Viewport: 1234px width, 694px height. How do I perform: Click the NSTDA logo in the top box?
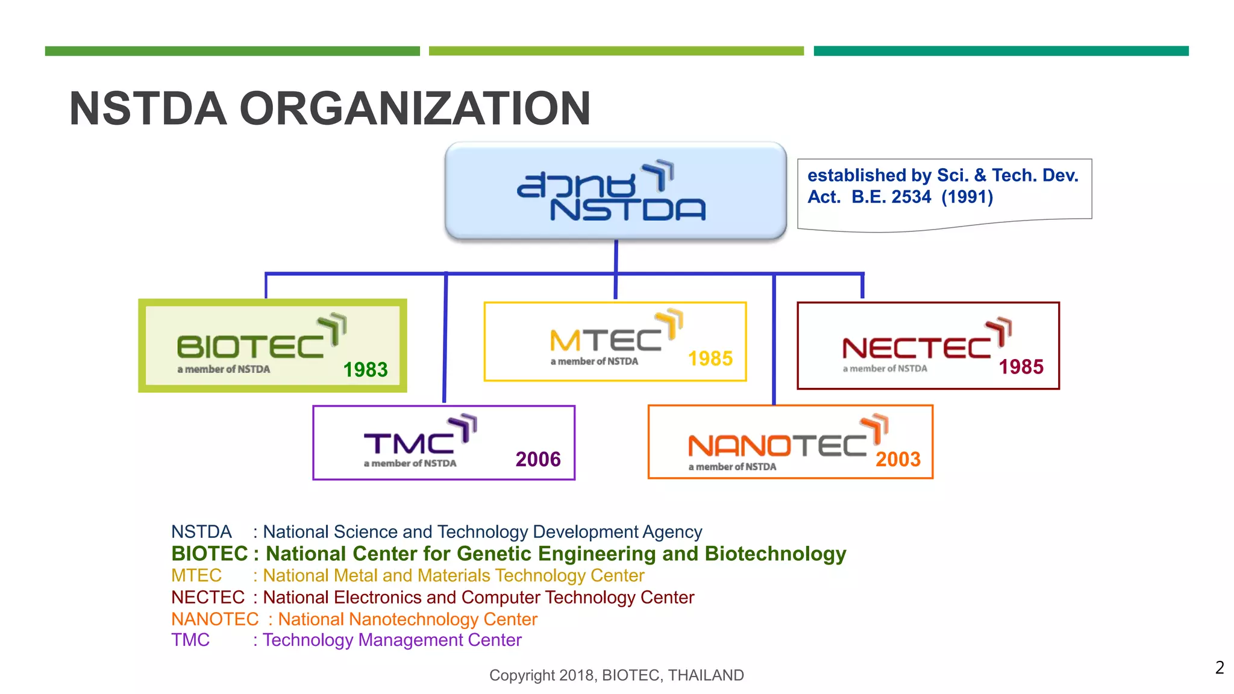click(612, 192)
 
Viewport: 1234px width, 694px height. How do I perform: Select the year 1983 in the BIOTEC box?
click(365, 369)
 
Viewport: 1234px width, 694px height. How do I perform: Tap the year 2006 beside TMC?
click(538, 460)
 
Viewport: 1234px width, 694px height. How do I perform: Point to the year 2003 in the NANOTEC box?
click(898, 460)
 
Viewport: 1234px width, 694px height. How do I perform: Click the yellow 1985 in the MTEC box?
click(710, 359)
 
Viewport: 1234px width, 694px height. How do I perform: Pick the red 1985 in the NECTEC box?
click(1021, 367)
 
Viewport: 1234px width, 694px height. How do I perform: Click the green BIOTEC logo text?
click(251, 346)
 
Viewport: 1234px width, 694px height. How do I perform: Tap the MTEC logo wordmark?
click(606, 341)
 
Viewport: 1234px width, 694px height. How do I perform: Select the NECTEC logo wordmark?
click(916, 348)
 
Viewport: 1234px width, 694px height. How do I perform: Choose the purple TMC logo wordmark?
click(409, 444)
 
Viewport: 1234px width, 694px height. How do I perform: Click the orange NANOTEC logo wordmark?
click(777, 446)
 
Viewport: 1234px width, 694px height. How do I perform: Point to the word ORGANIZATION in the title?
click(415, 109)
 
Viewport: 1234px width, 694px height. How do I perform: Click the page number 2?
click(1220, 667)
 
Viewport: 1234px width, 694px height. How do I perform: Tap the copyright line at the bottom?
click(616, 675)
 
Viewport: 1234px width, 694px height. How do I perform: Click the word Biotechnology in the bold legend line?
click(775, 554)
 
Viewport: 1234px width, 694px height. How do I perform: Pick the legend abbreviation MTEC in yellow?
click(196, 575)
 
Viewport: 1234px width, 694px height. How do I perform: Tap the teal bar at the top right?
click(1001, 51)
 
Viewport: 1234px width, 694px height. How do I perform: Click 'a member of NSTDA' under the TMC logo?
click(410, 463)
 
